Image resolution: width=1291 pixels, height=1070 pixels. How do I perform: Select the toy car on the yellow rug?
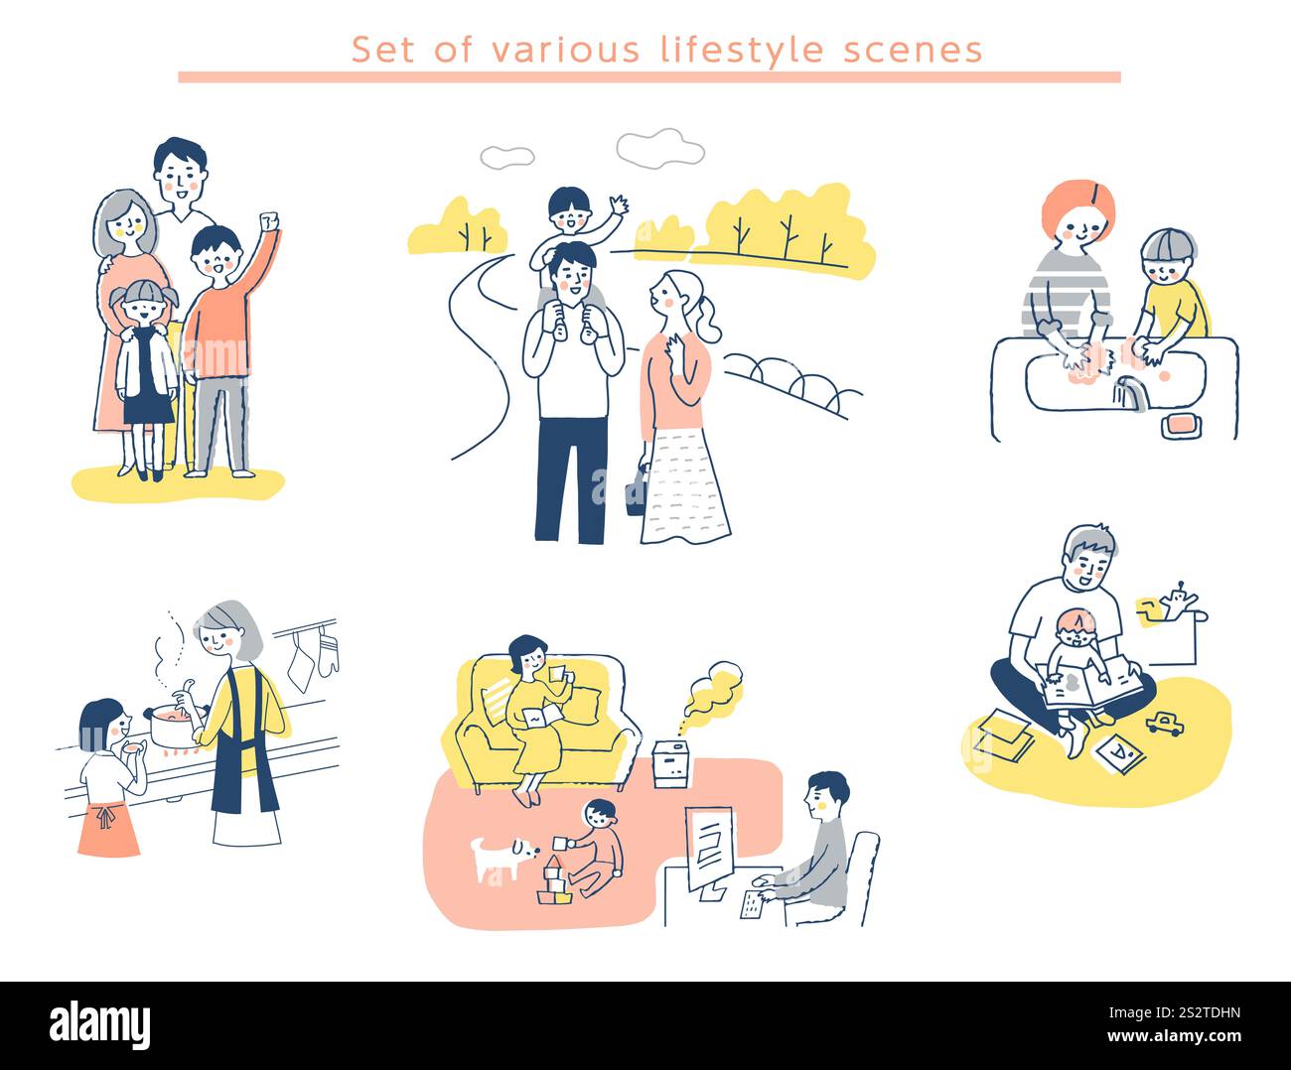[1164, 724]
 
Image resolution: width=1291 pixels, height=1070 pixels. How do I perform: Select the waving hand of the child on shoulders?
[618, 206]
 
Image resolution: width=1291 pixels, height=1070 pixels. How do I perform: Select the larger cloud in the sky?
[659, 149]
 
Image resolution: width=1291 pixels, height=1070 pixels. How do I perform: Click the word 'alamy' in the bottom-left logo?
[99, 1025]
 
